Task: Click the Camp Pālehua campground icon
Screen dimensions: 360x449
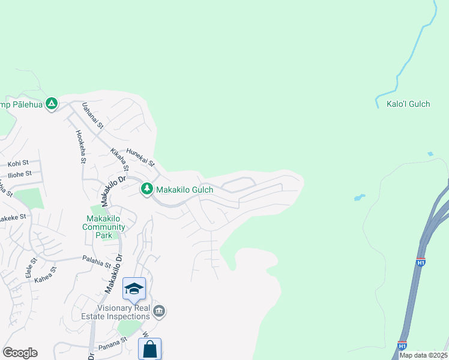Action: pyautogui.click(x=52, y=104)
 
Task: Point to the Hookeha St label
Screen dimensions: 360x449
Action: pyautogui.click(x=82, y=147)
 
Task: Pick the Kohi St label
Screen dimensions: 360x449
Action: pyautogui.click(x=18, y=163)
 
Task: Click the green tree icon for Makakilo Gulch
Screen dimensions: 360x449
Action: pyautogui.click(x=146, y=189)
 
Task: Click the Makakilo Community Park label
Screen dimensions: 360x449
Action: pyautogui.click(x=104, y=227)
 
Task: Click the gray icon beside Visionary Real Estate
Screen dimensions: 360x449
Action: pyautogui.click(x=159, y=311)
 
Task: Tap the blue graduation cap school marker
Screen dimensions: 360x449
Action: pyautogui.click(x=134, y=289)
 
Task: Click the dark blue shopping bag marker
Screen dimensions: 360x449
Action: pyautogui.click(x=149, y=349)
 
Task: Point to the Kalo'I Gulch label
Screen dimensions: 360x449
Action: pyautogui.click(x=408, y=104)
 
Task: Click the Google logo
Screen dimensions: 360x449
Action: pyautogui.click(x=20, y=353)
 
